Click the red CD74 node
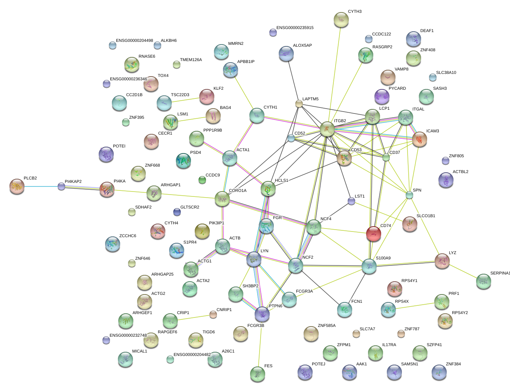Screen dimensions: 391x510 tap(373, 233)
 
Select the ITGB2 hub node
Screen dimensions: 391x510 tap(327, 129)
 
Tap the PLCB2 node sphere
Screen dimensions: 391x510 tap(17, 186)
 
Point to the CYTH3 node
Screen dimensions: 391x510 tap(341, 20)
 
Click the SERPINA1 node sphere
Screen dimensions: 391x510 tap(483, 281)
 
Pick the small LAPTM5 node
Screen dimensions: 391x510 tap(299, 104)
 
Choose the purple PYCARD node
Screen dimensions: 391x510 tap(382, 97)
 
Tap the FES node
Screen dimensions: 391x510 tap(258, 374)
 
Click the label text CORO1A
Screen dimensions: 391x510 tap(238, 190)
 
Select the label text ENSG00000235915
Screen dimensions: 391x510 tap(295, 28)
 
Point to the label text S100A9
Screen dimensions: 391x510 tap(383, 258)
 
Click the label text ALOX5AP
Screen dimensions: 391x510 tap(302, 46)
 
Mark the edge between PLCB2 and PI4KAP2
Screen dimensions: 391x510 tap(39, 186)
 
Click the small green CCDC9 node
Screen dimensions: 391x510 tap(202, 180)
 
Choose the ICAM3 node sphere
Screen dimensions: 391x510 tap(419, 139)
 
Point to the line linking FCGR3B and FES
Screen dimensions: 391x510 tap(260, 343)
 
